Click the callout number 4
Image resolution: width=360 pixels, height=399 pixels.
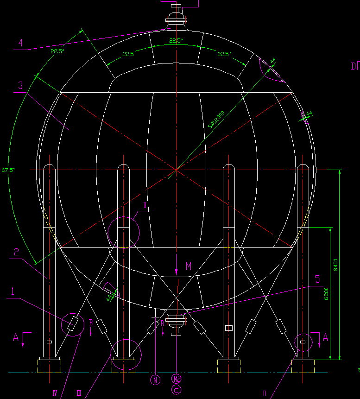coord(20,43)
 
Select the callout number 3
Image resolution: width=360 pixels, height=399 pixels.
coord(20,86)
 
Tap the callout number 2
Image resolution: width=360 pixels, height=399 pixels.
coord(16,253)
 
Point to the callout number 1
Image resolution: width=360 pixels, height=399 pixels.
coord(13,292)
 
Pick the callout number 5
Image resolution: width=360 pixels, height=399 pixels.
coord(317,279)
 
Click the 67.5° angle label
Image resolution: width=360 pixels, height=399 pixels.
coord(8,170)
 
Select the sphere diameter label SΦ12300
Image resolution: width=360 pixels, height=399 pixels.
coord(216,119)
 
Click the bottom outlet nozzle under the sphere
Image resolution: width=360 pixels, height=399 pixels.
coord(176,323)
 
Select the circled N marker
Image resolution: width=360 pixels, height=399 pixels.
coord(155,380)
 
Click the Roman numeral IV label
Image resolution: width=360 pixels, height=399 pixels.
coord(55,393)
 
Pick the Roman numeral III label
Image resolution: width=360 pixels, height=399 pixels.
coord(79,393)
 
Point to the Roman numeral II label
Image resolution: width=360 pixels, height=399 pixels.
coord(265,393)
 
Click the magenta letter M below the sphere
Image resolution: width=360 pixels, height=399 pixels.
coord(189,266)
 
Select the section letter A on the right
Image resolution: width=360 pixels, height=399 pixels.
coord(325,338)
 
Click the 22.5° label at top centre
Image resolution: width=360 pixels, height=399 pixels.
coord(176,41)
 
